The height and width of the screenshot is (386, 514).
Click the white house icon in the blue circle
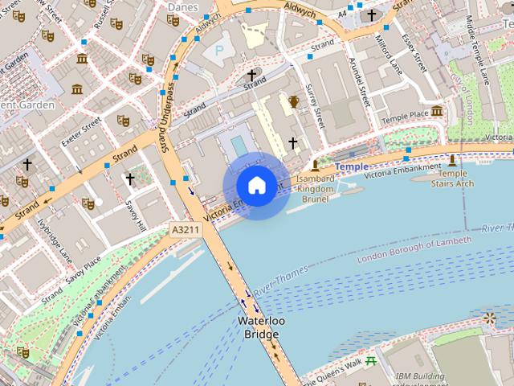pyautogui.click(x=256, y=186)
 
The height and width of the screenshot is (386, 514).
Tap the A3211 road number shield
pyautogui.click(x=186, y=230)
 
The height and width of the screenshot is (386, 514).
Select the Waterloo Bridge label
pyautogui.click(x=260, y=327)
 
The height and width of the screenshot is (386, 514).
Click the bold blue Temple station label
pyautogui.click(x=351, y=166)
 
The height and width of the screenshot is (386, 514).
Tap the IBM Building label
pyautogui.click(x=419, y=376)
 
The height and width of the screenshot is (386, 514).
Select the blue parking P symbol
pyautogui.click(x=218, y=51)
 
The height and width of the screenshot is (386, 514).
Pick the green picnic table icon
pyautogui.click(x=370, y=361)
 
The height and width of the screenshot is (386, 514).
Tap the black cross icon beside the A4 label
pyautogui.click(x=371, y=14)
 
